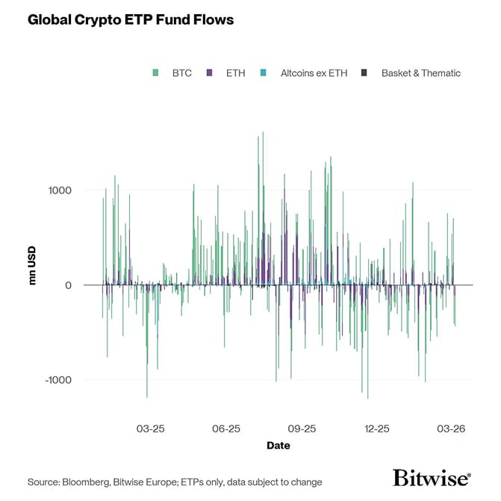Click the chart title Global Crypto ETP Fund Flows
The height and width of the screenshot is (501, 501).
[131, 20]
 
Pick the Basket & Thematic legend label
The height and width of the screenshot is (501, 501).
[420, 73]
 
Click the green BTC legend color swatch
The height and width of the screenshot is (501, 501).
[155, 73]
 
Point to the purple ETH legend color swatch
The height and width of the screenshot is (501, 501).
[210, 73]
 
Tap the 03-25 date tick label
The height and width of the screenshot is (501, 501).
[151, 429]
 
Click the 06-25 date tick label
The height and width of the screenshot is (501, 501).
[226, 429]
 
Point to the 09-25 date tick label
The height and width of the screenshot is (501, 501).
[302, 429]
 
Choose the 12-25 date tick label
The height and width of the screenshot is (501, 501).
[377, 429]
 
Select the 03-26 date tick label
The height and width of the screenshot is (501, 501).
[451, 429]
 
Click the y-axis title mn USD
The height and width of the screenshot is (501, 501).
[32, 265]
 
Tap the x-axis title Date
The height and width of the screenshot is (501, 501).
[278, 446]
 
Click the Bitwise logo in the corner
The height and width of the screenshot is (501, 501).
[432, 479]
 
